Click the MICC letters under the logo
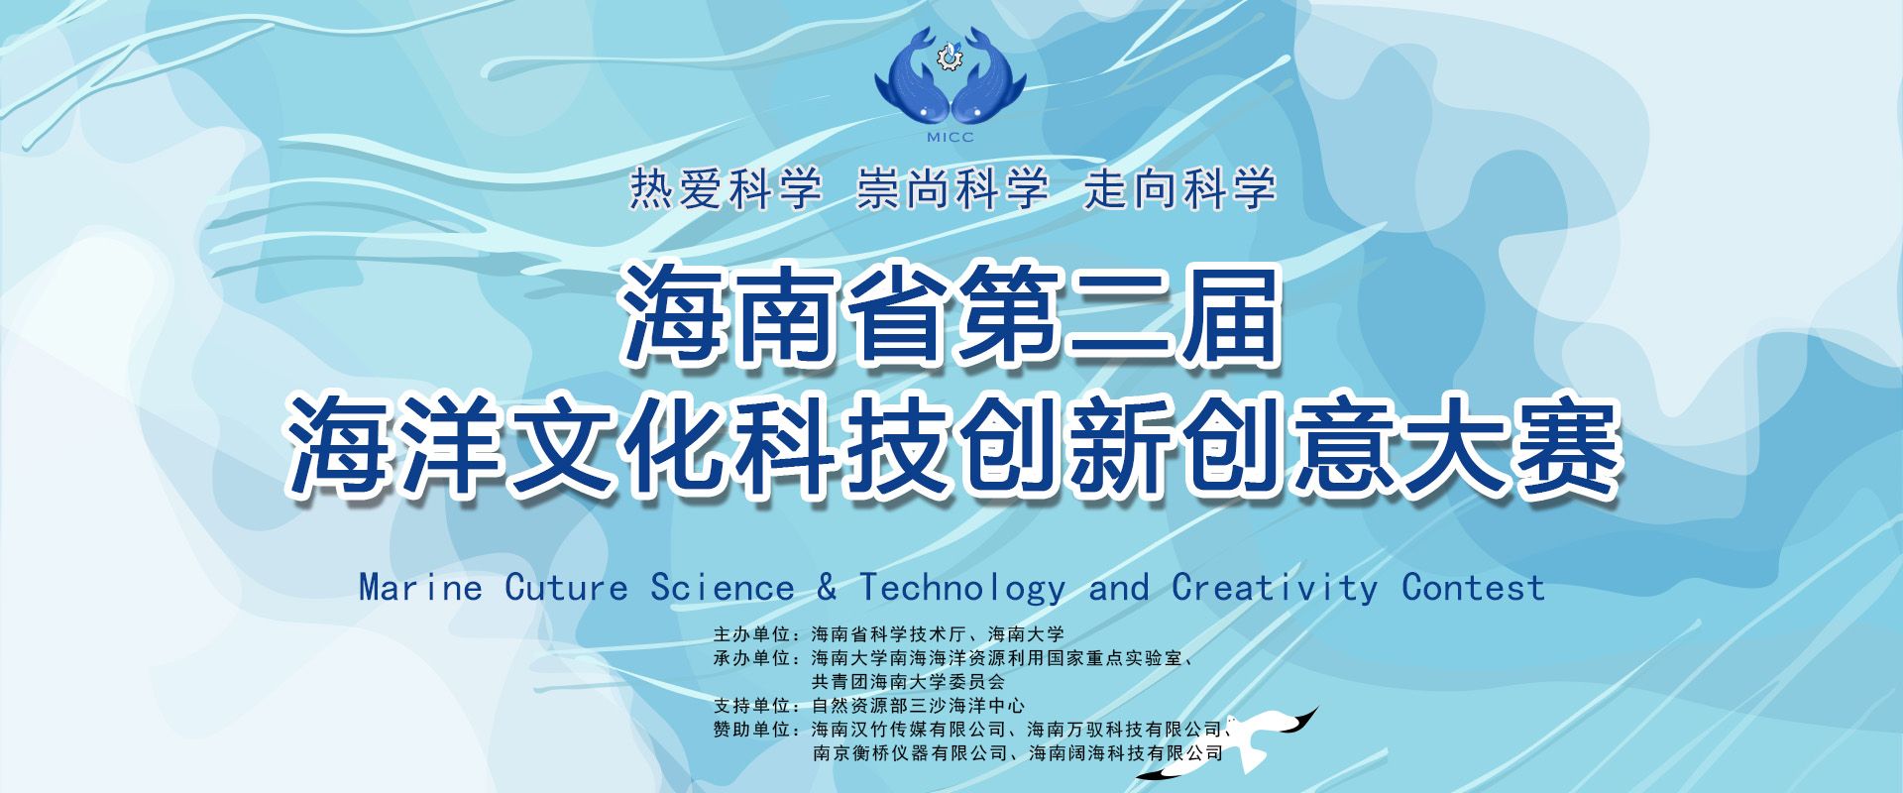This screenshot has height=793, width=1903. (x=950, y=137)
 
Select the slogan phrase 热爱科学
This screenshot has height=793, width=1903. (x=726, y=188)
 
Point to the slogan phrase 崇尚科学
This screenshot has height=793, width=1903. (x=952, y=188)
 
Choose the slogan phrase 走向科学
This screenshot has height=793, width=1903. (x=1179, y=188)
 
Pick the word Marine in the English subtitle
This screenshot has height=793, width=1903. (x=420, y=588)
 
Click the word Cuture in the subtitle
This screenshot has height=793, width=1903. (x=566, y=588)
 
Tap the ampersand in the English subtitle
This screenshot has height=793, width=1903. (x=827, y=588)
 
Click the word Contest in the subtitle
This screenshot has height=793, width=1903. (x=1473, y=588)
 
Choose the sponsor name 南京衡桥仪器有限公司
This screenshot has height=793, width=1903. (x=910, y=753)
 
